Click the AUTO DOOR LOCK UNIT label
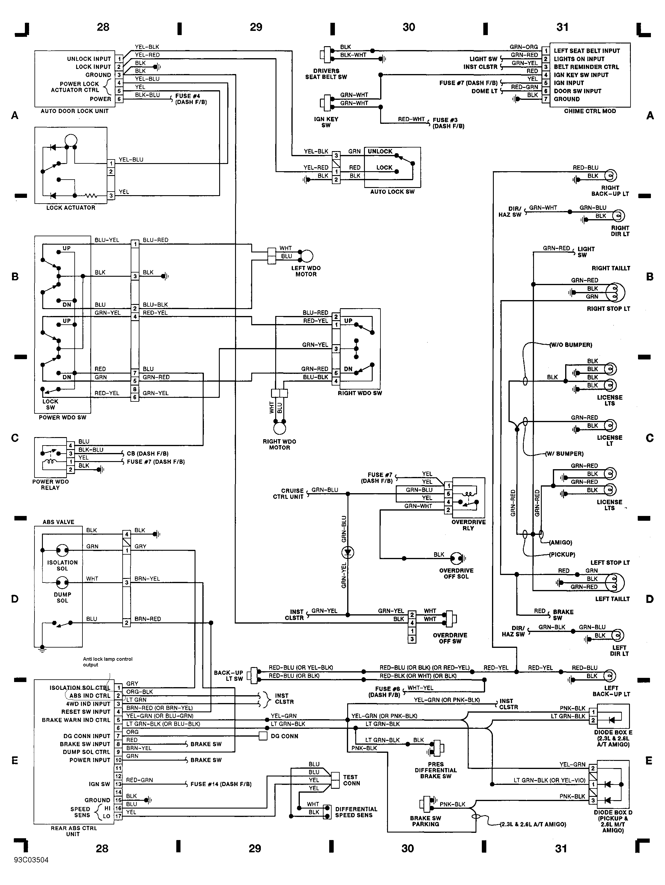click(x=74, y=111)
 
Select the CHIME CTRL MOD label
click(x=590, y=111)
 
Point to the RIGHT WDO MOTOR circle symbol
click(x=280, y=428)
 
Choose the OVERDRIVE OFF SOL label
click(x=456, y=573)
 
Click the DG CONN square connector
click(x=263, y=736)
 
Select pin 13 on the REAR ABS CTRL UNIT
click(x=118, y=784)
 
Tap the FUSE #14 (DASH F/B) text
click(x=221, y=784)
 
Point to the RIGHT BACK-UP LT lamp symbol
click(x=611, y=175)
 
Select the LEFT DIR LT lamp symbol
click(x=618, y=635)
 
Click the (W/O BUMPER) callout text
click(x=571, y=345)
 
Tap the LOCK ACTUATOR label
click(x=71, y=208)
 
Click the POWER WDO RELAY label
click(x=50, y=484)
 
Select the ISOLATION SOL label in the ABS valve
click(x=62, y=565)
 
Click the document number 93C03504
click(x=31, y=860)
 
